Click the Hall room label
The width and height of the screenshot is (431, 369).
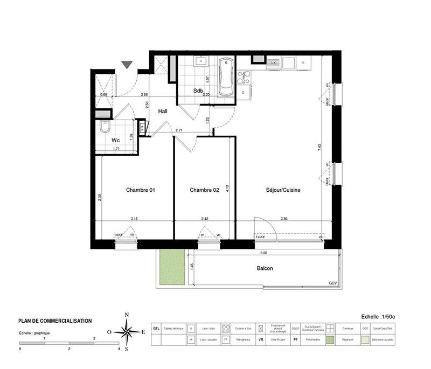coord(163,111)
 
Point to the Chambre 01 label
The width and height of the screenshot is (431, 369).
coord(141,190)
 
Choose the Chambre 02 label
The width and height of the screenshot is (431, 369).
coord(204,190)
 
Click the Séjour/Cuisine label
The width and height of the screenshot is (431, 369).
coord(283,190)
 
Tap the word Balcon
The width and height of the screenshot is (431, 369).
coord(265,268)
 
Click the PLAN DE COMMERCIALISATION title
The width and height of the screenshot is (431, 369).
coord(55,321)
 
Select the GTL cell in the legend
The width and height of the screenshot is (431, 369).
coord(156,328)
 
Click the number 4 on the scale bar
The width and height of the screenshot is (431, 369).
coord(119,349)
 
